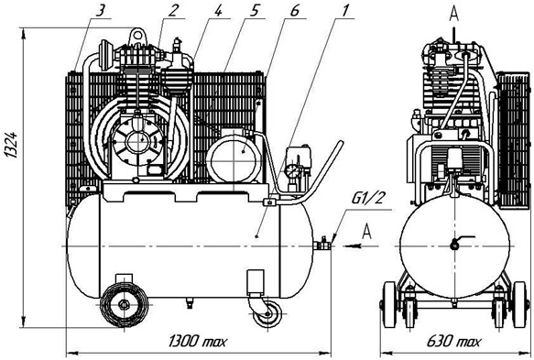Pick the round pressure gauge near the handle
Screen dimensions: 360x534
pyautogui.click(x=294, y=171)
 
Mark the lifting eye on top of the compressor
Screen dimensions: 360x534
pyautogui.click(x=139, y=36)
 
